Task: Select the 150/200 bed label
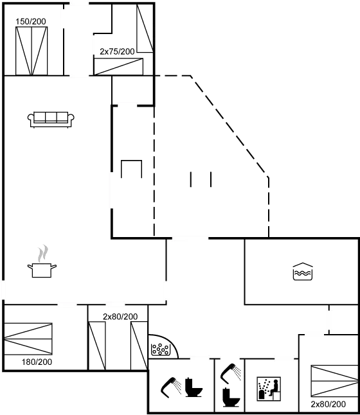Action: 30,22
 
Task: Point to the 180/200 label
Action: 37,362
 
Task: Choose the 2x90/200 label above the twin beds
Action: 120,317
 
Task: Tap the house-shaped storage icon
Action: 303,272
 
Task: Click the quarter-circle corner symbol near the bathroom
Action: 161,348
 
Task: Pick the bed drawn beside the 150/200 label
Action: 33,50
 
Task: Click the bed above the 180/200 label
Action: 28,338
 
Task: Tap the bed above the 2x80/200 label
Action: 332,381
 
